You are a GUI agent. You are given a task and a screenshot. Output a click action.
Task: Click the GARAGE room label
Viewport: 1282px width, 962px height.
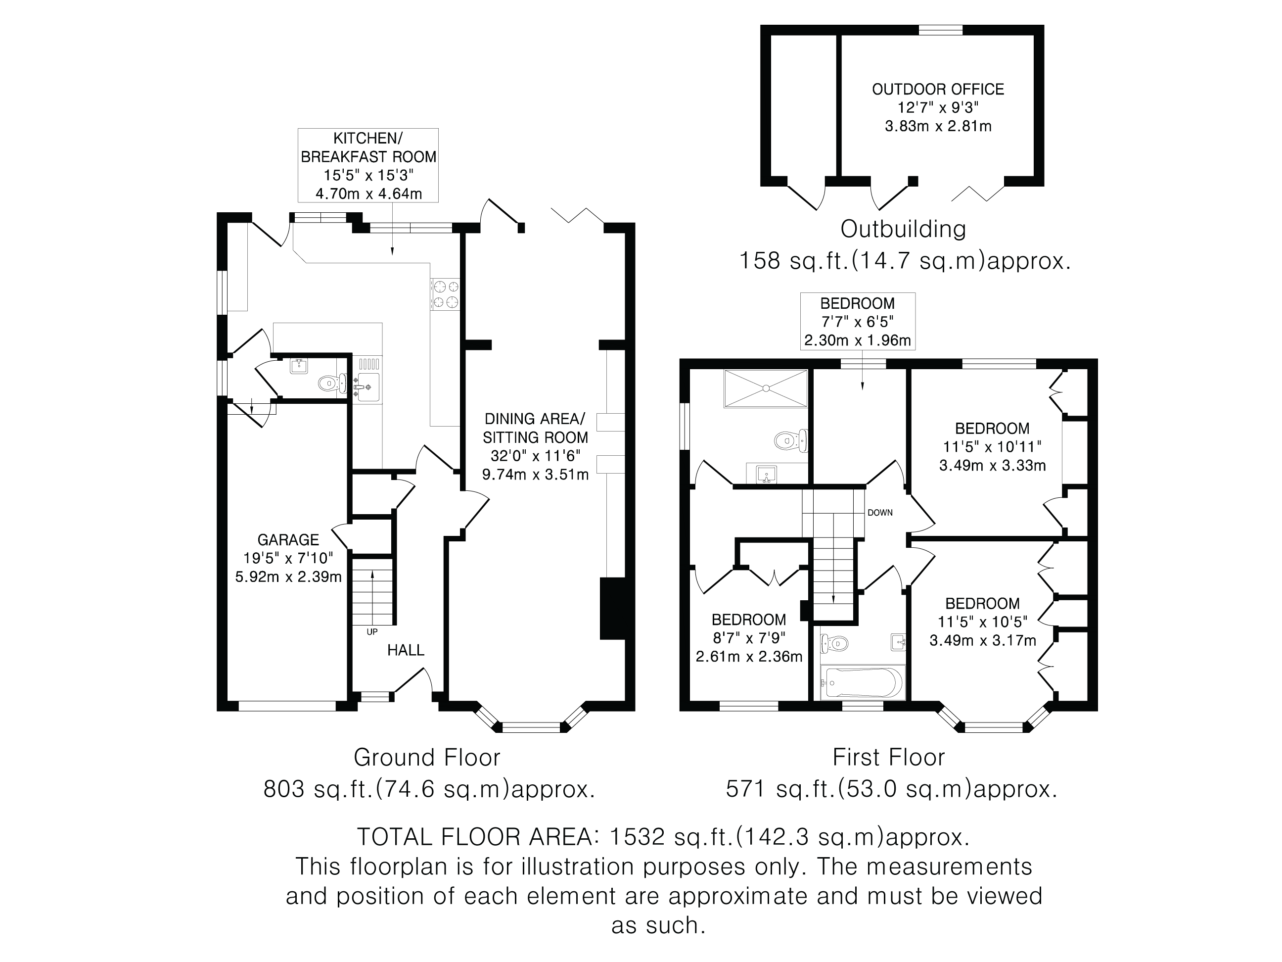(288, 540)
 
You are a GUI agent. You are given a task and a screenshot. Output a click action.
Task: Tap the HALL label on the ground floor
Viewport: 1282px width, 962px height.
(406, 650)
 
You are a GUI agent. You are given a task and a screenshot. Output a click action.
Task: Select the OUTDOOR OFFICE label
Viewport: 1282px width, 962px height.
(938, 89)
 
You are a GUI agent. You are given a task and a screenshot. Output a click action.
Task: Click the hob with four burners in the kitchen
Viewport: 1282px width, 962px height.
(445, 294)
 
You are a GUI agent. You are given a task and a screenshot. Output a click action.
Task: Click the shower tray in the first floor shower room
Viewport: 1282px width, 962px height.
(765, 388)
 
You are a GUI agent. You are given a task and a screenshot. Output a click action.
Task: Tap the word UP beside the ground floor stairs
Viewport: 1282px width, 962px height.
(372, 631)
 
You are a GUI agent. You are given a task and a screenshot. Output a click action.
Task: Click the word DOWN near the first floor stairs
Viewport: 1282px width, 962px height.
(880, 513)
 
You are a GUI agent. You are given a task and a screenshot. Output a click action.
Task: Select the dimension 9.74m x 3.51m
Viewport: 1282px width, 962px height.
(535, 475)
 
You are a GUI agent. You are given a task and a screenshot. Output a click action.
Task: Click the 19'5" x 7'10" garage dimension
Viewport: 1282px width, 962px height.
(288, 558)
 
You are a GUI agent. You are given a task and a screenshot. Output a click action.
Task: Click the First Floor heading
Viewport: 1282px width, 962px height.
(888, 757)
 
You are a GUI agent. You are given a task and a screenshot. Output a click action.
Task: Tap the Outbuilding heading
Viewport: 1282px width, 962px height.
(903, 229)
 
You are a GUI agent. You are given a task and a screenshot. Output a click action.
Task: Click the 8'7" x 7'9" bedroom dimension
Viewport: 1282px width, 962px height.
(748, 638)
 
